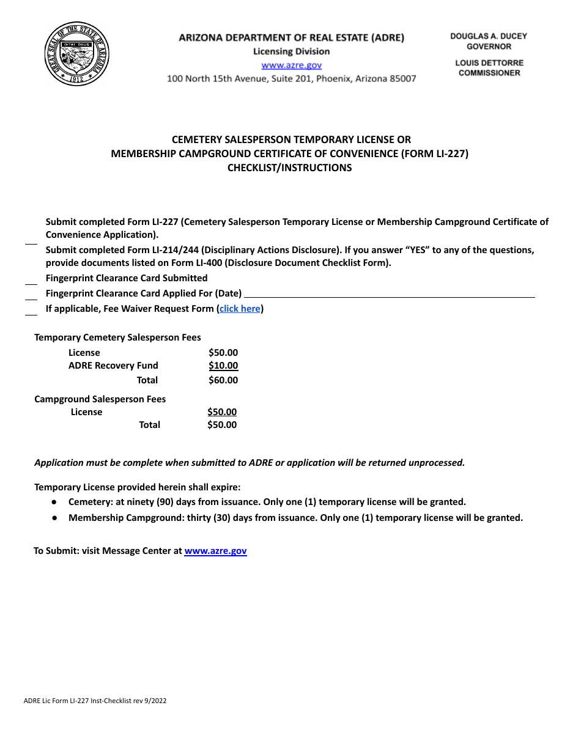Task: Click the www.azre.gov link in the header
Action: point(291,65)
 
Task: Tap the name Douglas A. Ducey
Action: point(489,36)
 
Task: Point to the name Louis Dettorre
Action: point(489,62)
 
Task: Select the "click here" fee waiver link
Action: point(240,309)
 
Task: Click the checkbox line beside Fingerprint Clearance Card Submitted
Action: point(31,284)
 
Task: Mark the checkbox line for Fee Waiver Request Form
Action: point(31,314)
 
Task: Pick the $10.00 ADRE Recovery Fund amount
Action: point(223,366)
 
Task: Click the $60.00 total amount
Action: point(223,380)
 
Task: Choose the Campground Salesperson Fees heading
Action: point(100,399)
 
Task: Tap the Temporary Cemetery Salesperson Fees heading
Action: point(117,337)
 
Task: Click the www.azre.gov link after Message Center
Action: point(215,551)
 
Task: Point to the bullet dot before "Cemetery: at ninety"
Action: point(54,502)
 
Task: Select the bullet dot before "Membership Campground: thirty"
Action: point(54,518)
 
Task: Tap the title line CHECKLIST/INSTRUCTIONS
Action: point(289,168)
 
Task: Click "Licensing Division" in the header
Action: point(291,51)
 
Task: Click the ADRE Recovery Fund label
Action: point(113,366)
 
